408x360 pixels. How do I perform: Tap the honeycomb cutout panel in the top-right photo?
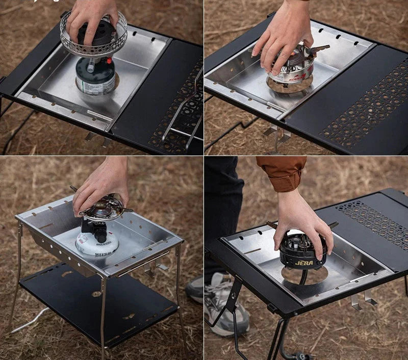[x=365, y=107]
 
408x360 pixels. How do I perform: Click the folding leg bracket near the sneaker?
[x=232, y=301]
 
